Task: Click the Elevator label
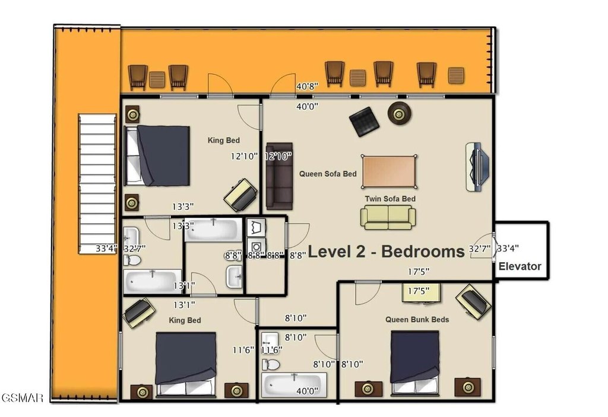[520, 266]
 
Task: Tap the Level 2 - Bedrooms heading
[386, 252]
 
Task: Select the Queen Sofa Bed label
[328, 174]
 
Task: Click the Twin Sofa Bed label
[390, 199]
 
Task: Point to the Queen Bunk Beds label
[417, 320]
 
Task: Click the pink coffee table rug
[389, 171]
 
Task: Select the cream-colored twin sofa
[388, 218]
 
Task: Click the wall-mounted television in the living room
[477, 167]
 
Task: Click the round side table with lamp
[399, 113]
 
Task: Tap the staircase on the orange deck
[97, 184]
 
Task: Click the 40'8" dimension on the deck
[307, 86]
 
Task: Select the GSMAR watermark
[22, 398]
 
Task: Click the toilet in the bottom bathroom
[271, 365]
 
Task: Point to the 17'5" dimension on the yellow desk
[419, 291]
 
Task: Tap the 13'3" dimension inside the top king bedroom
[183, 206]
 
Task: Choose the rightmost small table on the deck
[456, 75]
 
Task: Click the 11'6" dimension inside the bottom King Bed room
[243, 351]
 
